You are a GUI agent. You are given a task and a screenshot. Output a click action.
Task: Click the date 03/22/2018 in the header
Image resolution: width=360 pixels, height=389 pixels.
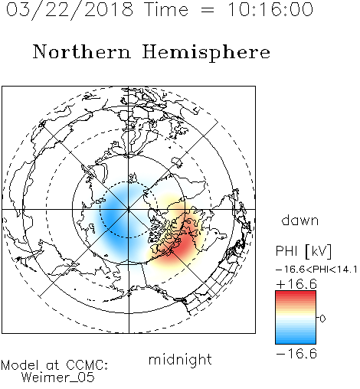pyautogui.click(x=70, y=10)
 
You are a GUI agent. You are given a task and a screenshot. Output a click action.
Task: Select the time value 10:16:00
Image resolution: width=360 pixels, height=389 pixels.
pyautogui.click(x=270, y=9)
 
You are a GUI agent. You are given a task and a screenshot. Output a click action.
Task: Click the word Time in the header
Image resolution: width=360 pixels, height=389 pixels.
pyautogui.click(x=166, y=10)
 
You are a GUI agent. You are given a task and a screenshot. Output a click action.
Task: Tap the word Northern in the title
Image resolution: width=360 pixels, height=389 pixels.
pyautogui.click(x=81, y=51)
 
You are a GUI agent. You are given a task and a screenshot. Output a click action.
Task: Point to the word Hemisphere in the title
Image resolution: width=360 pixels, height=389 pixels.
pyautogui.click(x=206, y=53)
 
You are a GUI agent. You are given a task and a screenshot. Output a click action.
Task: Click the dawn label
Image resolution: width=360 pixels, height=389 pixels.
pyautogui.click(x=300, y=220)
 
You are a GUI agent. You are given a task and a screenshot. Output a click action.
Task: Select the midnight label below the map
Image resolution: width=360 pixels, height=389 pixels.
pyautogui.click(x=180, y=359)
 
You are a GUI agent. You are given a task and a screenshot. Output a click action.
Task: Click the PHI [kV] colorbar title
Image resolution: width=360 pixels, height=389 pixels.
pyautogui.click(x=303, y=251)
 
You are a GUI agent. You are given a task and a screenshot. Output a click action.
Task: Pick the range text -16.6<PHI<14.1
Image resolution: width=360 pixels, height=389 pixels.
pyautogui.click(x=316, y=270)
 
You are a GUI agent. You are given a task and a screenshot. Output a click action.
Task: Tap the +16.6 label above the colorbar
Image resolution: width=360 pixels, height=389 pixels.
pyautogui.click(x=296, y=284)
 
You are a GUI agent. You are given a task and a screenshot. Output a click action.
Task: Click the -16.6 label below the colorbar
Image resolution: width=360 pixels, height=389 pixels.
pyautogui.click(x=296, y=354)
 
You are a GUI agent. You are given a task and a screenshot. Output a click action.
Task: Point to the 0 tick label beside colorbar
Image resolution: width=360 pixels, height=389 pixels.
pyautogui.click(x=322, y=319)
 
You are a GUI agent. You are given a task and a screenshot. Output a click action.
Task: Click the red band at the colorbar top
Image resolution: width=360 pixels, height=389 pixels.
pyautogui.click(x=296, y=294)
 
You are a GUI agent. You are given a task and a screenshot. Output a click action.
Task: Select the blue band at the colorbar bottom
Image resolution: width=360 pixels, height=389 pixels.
pyautogui.click(x=296, y=340)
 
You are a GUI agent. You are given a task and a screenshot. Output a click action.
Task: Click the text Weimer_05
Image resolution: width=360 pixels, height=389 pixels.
pyautogui.click(x=58, y=378)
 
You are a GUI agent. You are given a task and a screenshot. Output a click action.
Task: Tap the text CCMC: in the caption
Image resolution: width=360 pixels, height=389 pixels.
pyautogui.click(x=87, y=365)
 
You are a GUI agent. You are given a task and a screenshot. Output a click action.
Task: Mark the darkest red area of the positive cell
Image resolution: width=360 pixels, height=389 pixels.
pyautogui.click(x=183, y=244)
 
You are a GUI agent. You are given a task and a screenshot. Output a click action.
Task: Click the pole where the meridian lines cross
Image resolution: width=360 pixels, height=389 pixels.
pyautogui.click(x=129, y=209)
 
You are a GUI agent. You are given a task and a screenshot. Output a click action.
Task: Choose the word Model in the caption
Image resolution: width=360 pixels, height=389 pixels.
pyautogui.click(x=20, y=365)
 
